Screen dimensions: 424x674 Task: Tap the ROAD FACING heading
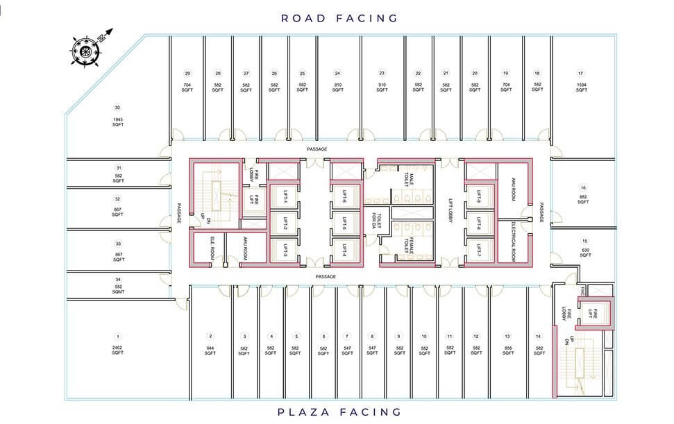339,18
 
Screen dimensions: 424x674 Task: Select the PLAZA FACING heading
339,412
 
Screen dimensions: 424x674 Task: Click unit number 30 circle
118,108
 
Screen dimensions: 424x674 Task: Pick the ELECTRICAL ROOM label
514,235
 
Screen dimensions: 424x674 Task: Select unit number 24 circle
337,73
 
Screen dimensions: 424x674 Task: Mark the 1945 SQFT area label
118,123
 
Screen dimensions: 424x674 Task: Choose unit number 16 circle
584,187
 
